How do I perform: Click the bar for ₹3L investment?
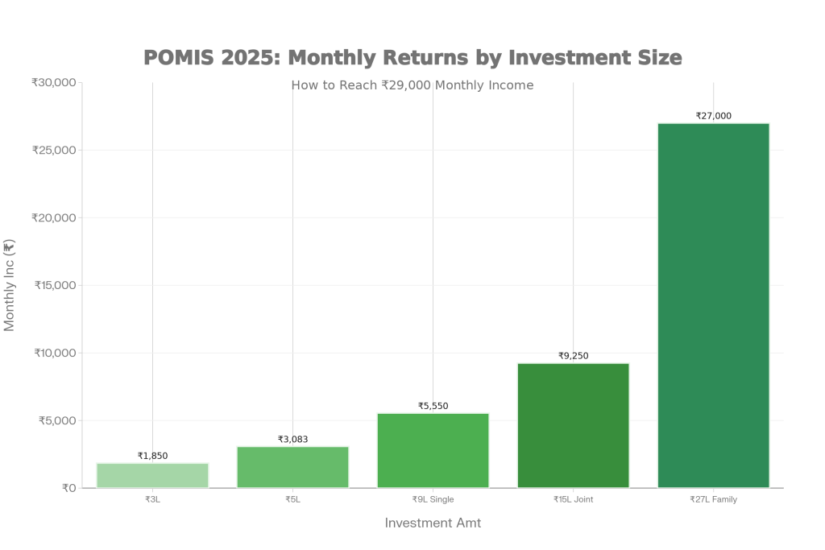point(152,475)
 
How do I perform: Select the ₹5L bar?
point(292,467)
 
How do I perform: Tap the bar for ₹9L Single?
point(433,450)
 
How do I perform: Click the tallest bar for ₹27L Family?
point(713,305)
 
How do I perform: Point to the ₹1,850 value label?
point(152,456)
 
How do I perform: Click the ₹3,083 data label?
point(292,439)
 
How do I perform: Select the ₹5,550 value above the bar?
point(433,406)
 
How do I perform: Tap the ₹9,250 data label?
point(573,355)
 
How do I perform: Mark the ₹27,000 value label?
point(713,116)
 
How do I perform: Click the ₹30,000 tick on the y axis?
point(53,82)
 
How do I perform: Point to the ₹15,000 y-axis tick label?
point(55,285)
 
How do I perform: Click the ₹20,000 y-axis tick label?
point(53,217)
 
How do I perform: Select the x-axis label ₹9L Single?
point(433,499)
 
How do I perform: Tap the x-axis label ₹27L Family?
point(713,499)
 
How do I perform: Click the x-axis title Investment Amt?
point(433,523)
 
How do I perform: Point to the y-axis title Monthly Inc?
point(10,285)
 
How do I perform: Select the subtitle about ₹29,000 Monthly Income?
point(412,85)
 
